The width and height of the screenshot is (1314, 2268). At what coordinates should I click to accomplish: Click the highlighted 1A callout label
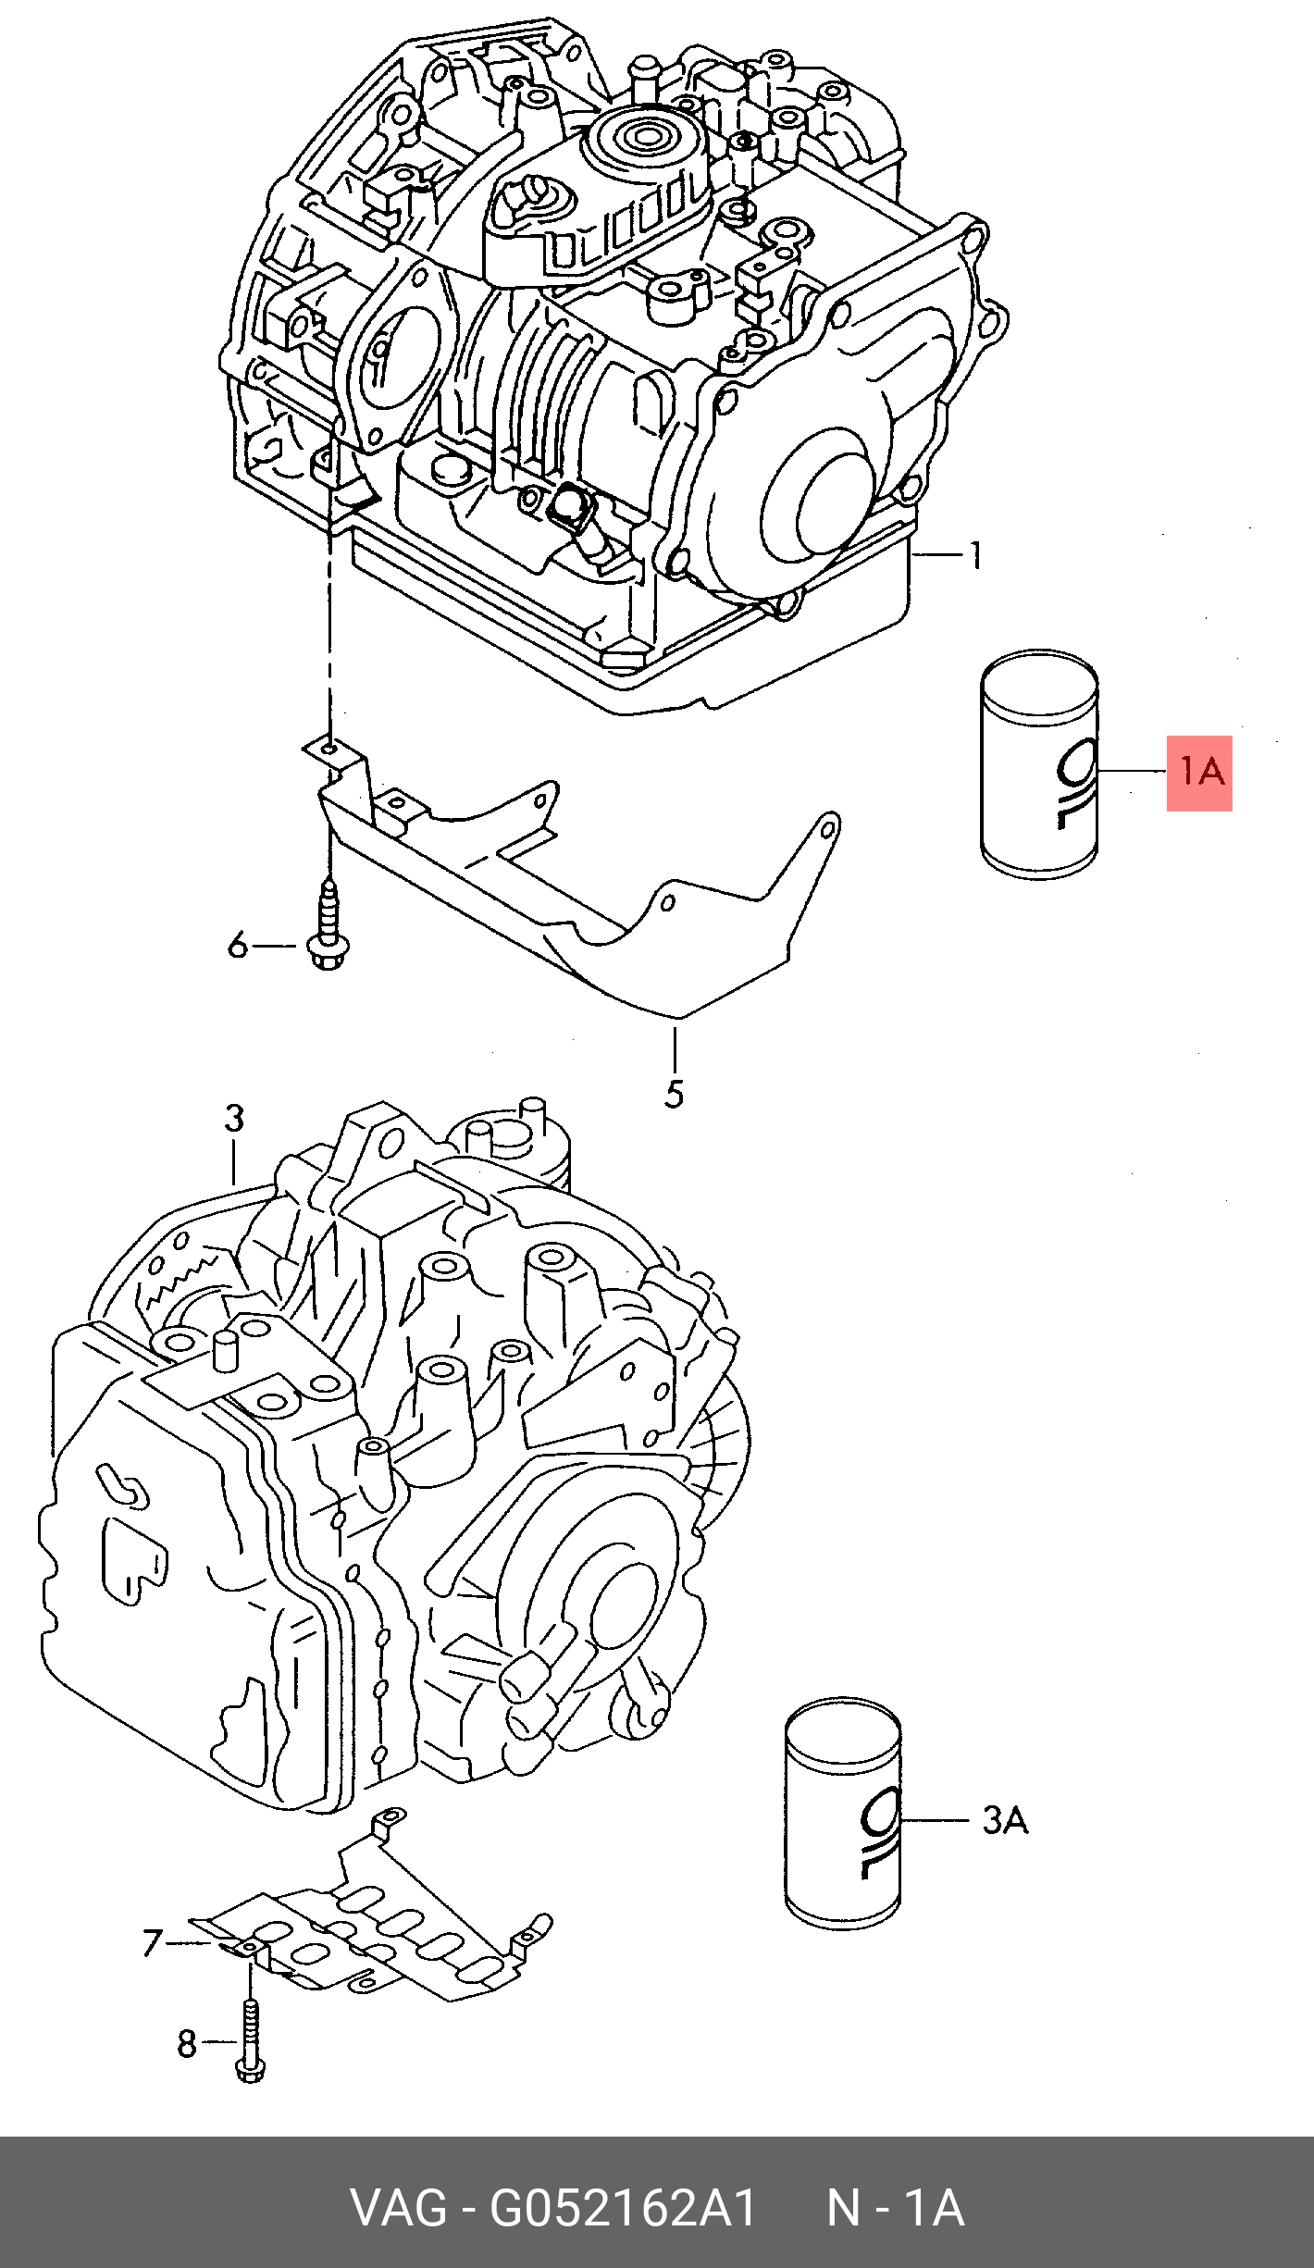tap(1199, 773)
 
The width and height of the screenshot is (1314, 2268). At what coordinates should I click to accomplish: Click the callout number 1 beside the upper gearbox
tap(975, 555)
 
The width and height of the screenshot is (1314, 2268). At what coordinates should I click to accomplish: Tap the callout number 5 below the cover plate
tap(675, 1094)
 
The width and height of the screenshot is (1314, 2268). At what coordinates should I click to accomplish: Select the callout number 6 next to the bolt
tap(238, 946)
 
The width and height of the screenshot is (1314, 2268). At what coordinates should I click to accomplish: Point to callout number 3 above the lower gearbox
tap(234, 1118)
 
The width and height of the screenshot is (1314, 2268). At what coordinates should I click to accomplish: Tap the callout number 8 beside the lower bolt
tap(187, 2044)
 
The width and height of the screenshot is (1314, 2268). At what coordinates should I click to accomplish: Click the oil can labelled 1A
tap(1039, 764)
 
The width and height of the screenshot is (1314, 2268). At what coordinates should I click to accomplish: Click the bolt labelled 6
tap(327, 925)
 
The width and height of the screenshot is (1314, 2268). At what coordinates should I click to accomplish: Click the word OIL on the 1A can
tap(1076, 783)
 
